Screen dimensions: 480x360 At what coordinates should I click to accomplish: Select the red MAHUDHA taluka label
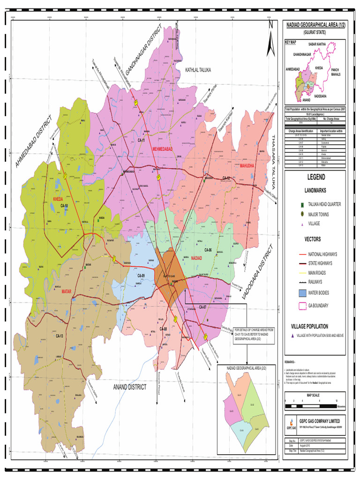click(x=246, y=166)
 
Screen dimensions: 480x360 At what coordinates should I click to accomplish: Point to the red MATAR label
click(x=66, y=291)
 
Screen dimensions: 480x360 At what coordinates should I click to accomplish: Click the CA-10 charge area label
click(x=64, y=206)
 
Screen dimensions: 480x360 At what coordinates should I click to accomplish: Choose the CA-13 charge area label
click(x=60, y=336)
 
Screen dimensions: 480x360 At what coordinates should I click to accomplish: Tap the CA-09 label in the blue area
click(x=141, y=276)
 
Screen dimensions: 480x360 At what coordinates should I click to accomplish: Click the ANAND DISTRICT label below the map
click(x=129, y=387)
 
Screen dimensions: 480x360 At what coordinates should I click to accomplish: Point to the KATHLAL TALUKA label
click(x=198, y=70)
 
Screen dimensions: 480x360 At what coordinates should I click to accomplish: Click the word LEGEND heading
click(x=315, y=178)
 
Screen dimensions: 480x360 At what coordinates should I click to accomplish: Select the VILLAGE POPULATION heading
click(x=309, y=326)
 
